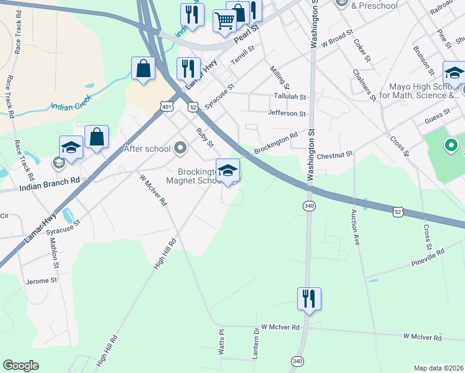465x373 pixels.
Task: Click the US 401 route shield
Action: [167, 107]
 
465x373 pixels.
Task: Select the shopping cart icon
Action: [224, 21]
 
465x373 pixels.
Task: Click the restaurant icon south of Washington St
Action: [308, 298]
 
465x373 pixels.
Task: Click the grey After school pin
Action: [181, 148]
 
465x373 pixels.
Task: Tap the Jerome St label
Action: [41, 281]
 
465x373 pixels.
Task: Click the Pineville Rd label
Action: [428, 257]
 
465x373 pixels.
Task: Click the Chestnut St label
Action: [334, 154]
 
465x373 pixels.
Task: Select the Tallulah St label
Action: [290, 97]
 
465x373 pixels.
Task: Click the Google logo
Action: [21, 366]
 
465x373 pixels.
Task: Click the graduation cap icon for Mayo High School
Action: [454, 73]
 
